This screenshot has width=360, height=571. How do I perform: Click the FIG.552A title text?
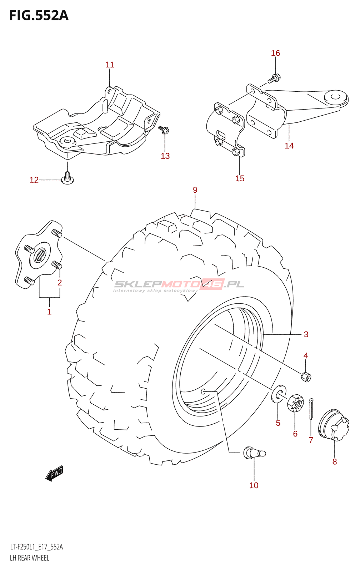[x=39, y=15]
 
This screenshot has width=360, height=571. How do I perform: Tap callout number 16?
[x=275, y=53]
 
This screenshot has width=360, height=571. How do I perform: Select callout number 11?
[x=110, y=65]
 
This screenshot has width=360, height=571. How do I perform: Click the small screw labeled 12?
[x=67, y=179]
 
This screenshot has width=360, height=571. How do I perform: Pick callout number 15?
[x=240, y=178]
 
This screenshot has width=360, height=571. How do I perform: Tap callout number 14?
[x=289, y=146]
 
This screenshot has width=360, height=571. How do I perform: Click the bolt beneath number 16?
[x=274, y=78]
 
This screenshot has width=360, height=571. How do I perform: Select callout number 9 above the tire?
[x=195, y=190]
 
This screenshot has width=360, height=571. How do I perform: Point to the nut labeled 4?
[x=306, y=376]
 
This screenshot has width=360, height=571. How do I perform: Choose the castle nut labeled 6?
[x=295, y=403]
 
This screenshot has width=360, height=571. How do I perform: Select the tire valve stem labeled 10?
[x=254, y=453]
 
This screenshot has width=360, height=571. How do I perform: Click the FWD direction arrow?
[x=55, y=473]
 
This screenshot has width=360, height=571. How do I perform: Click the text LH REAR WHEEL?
[x=30, y=558]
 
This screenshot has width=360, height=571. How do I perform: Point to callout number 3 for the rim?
[x=306, y=334]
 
